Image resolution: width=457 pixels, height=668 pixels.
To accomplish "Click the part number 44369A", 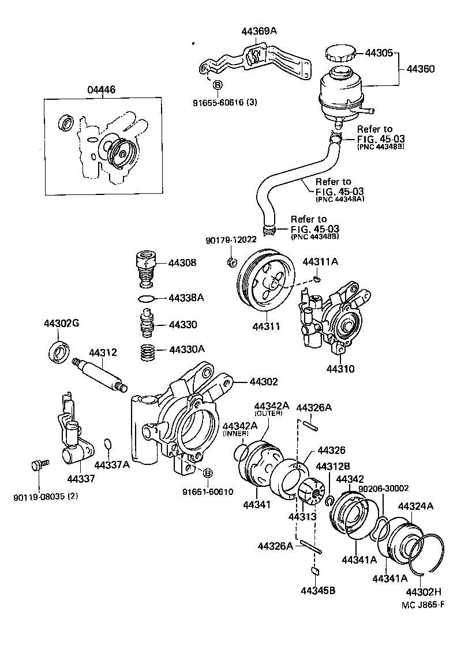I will click(259, 31).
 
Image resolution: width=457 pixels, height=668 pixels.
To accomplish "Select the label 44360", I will click(421, 69).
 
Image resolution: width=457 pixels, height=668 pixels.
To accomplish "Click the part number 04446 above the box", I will click(102, 89).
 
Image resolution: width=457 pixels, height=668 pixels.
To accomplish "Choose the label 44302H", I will click(424, 592).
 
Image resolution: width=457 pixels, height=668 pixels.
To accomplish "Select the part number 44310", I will click(340, 369).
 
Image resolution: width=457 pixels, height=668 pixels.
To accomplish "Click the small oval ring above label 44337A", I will click(106, 444).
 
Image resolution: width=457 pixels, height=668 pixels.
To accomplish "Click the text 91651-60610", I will click(208, 492).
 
